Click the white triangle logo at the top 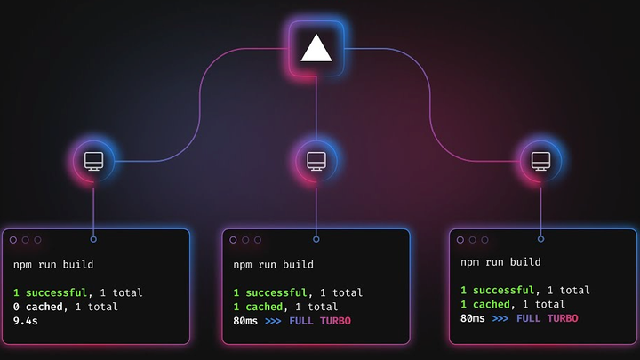pos(316,49)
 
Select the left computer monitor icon pos(93,161)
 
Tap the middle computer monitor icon pos(316,161)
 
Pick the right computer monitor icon pos(540,161)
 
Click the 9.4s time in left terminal pos(25,321)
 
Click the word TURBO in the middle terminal pos(335,321)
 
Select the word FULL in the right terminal pos(529,318)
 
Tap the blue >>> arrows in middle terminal pos(273,321)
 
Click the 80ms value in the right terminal pos(473,318)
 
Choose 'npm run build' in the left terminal pos(53,265)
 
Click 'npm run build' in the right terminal pos(500,262)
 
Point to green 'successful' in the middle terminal pos(276,292)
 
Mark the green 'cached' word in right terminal pos(492,304)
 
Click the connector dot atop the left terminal pos(93,239)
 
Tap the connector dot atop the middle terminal pos(316,239)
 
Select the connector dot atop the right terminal pos(540,239)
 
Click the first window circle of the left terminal pos(13,240)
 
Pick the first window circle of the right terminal pos(460,240)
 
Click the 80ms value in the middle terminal pos(245,321)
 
